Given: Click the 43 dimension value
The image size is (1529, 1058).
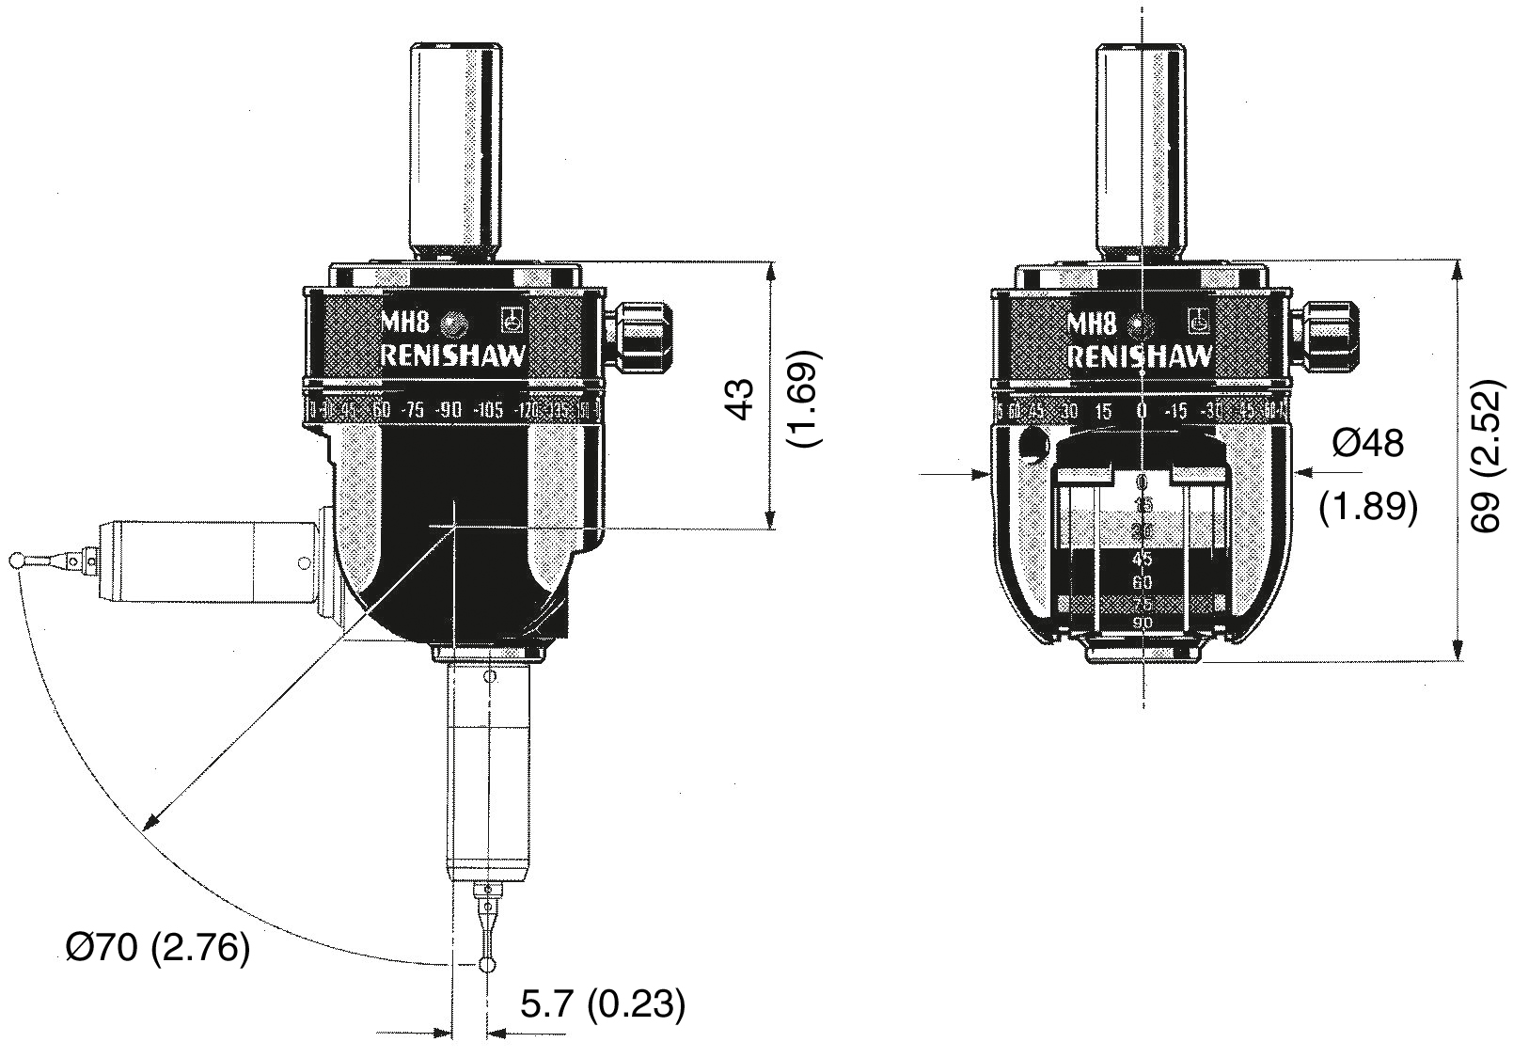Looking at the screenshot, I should [743, 399].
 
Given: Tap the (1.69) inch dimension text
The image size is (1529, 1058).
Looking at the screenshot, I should [808, 399].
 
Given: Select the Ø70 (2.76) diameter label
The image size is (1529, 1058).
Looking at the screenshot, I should [158, 948].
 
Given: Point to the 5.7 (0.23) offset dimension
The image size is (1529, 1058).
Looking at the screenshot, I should [603, 1005].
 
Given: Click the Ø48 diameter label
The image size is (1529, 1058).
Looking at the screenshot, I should [1368, 443].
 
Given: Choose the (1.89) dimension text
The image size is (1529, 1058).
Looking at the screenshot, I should [1367, 507].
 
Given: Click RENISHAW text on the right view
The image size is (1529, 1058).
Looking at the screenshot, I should [1141, 357].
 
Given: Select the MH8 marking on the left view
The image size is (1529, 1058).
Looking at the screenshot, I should [404, 324].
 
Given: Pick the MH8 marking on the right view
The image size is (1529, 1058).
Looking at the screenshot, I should [1093, 324].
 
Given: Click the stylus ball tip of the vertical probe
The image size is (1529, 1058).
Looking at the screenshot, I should [487, 966].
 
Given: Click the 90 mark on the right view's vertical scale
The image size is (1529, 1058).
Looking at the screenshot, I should [1143, 624].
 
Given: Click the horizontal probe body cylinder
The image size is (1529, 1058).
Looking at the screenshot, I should [212, 562].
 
